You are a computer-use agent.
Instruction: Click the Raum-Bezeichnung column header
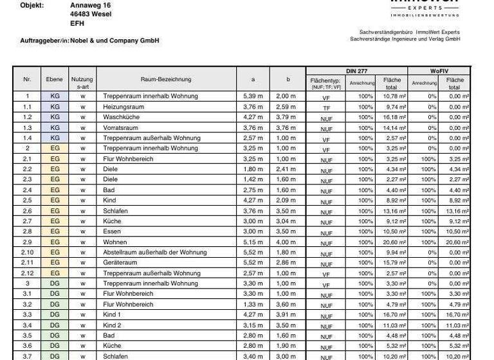tap(165, 80)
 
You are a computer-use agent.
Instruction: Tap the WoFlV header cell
tap(439, 70)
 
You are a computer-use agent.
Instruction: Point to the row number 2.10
tap(27, 253)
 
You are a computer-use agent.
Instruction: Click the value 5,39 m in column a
tap(253, 96)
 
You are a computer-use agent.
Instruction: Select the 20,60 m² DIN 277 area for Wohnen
tap(394, 242)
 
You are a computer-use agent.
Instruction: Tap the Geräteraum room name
tap(121, 263)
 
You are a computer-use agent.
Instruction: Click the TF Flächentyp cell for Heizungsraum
tap(326, 108)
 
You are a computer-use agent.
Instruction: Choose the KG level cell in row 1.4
tap(55, 138)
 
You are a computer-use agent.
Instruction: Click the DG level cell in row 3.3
tap(55, 315)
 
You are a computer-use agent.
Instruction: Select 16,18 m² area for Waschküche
tap(394, 118)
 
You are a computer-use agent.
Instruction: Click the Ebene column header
tap(55, 80)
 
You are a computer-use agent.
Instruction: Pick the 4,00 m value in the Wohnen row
tap(286, 242)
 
